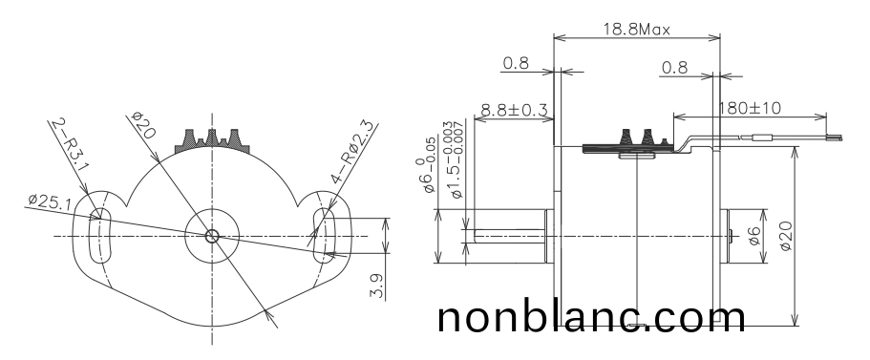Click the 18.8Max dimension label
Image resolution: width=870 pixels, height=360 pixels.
[635, 29]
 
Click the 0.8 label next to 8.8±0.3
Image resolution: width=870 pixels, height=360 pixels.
[516, 64]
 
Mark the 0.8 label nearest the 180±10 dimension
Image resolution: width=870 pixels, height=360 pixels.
[674, 68]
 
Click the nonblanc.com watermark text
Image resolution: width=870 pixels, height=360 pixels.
[591, 318]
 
